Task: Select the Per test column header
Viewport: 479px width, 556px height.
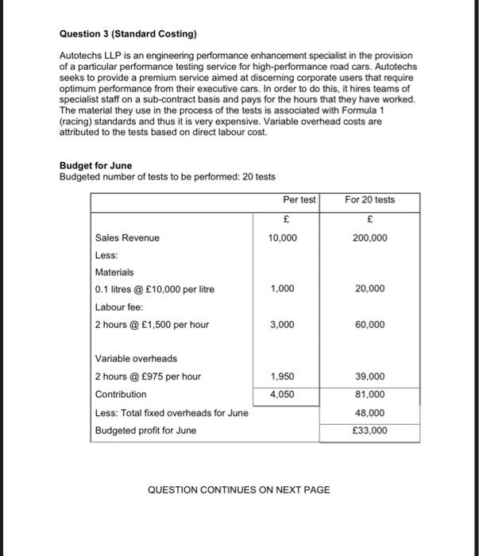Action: (x=299, y=199)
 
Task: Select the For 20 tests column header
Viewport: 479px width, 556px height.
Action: (x=369, y=199)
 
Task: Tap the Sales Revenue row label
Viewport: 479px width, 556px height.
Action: (x=127, y=237)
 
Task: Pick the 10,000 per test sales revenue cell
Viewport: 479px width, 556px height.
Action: (x=284, y=237)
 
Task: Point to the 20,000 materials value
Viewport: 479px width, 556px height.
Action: (x=371, y=289)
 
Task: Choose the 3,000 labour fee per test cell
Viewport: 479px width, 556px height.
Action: (x=284, y=324)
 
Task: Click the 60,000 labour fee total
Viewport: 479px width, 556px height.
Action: (x=371, y=324)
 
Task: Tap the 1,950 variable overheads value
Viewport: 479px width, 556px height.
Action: (x=284, y=376)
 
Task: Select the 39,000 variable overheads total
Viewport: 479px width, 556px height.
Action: (x=371, y=376)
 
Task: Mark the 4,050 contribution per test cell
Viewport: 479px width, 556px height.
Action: (x=284, y=394)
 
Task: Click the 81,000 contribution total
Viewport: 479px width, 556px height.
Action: (x=371, y=394)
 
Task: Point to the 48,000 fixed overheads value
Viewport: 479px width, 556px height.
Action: (x=371, y=413)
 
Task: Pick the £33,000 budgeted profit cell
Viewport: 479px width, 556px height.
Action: (x=369, y=431)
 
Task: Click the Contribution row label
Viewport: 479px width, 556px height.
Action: (x=121, y=394)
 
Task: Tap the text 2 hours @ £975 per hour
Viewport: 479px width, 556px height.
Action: (x=148, y=376)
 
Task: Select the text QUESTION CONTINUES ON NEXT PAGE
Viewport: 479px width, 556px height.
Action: (x=238, y=490)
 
